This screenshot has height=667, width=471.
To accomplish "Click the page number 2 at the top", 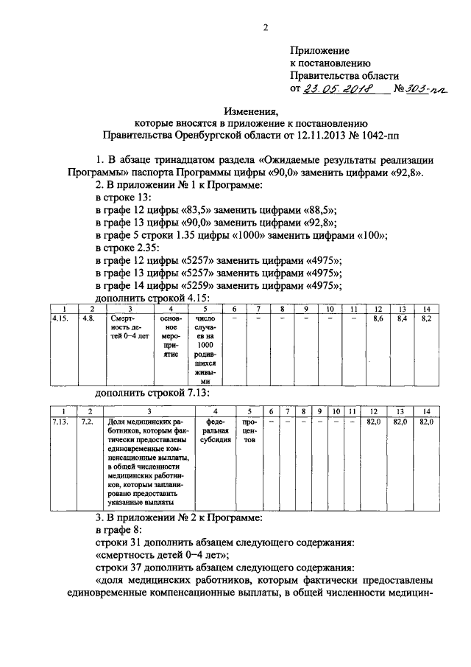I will (264, 28).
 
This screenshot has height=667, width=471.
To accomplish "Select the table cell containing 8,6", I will (380, 319).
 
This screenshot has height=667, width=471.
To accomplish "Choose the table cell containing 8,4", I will (402, 319).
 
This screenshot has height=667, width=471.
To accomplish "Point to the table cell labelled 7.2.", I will (88, 421).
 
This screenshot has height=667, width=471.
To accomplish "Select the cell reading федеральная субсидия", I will (213, 431).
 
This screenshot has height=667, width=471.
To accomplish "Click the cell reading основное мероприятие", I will (171, 336).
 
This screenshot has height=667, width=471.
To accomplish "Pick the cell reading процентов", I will (249, 431).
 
